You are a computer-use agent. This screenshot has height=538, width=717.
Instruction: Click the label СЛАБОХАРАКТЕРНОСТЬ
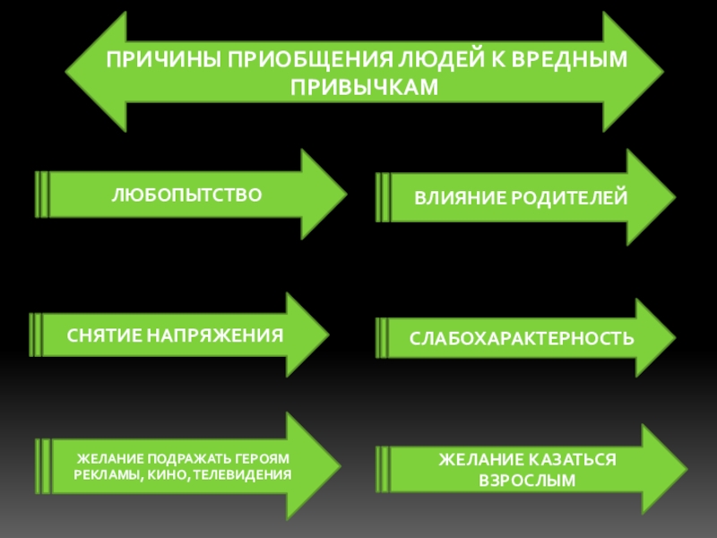[x=523, y=339]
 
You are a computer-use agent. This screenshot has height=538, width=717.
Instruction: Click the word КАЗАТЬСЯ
[x=567, y=460]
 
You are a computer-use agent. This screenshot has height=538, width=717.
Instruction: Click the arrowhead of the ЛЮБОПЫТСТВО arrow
[x=323, y=194]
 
